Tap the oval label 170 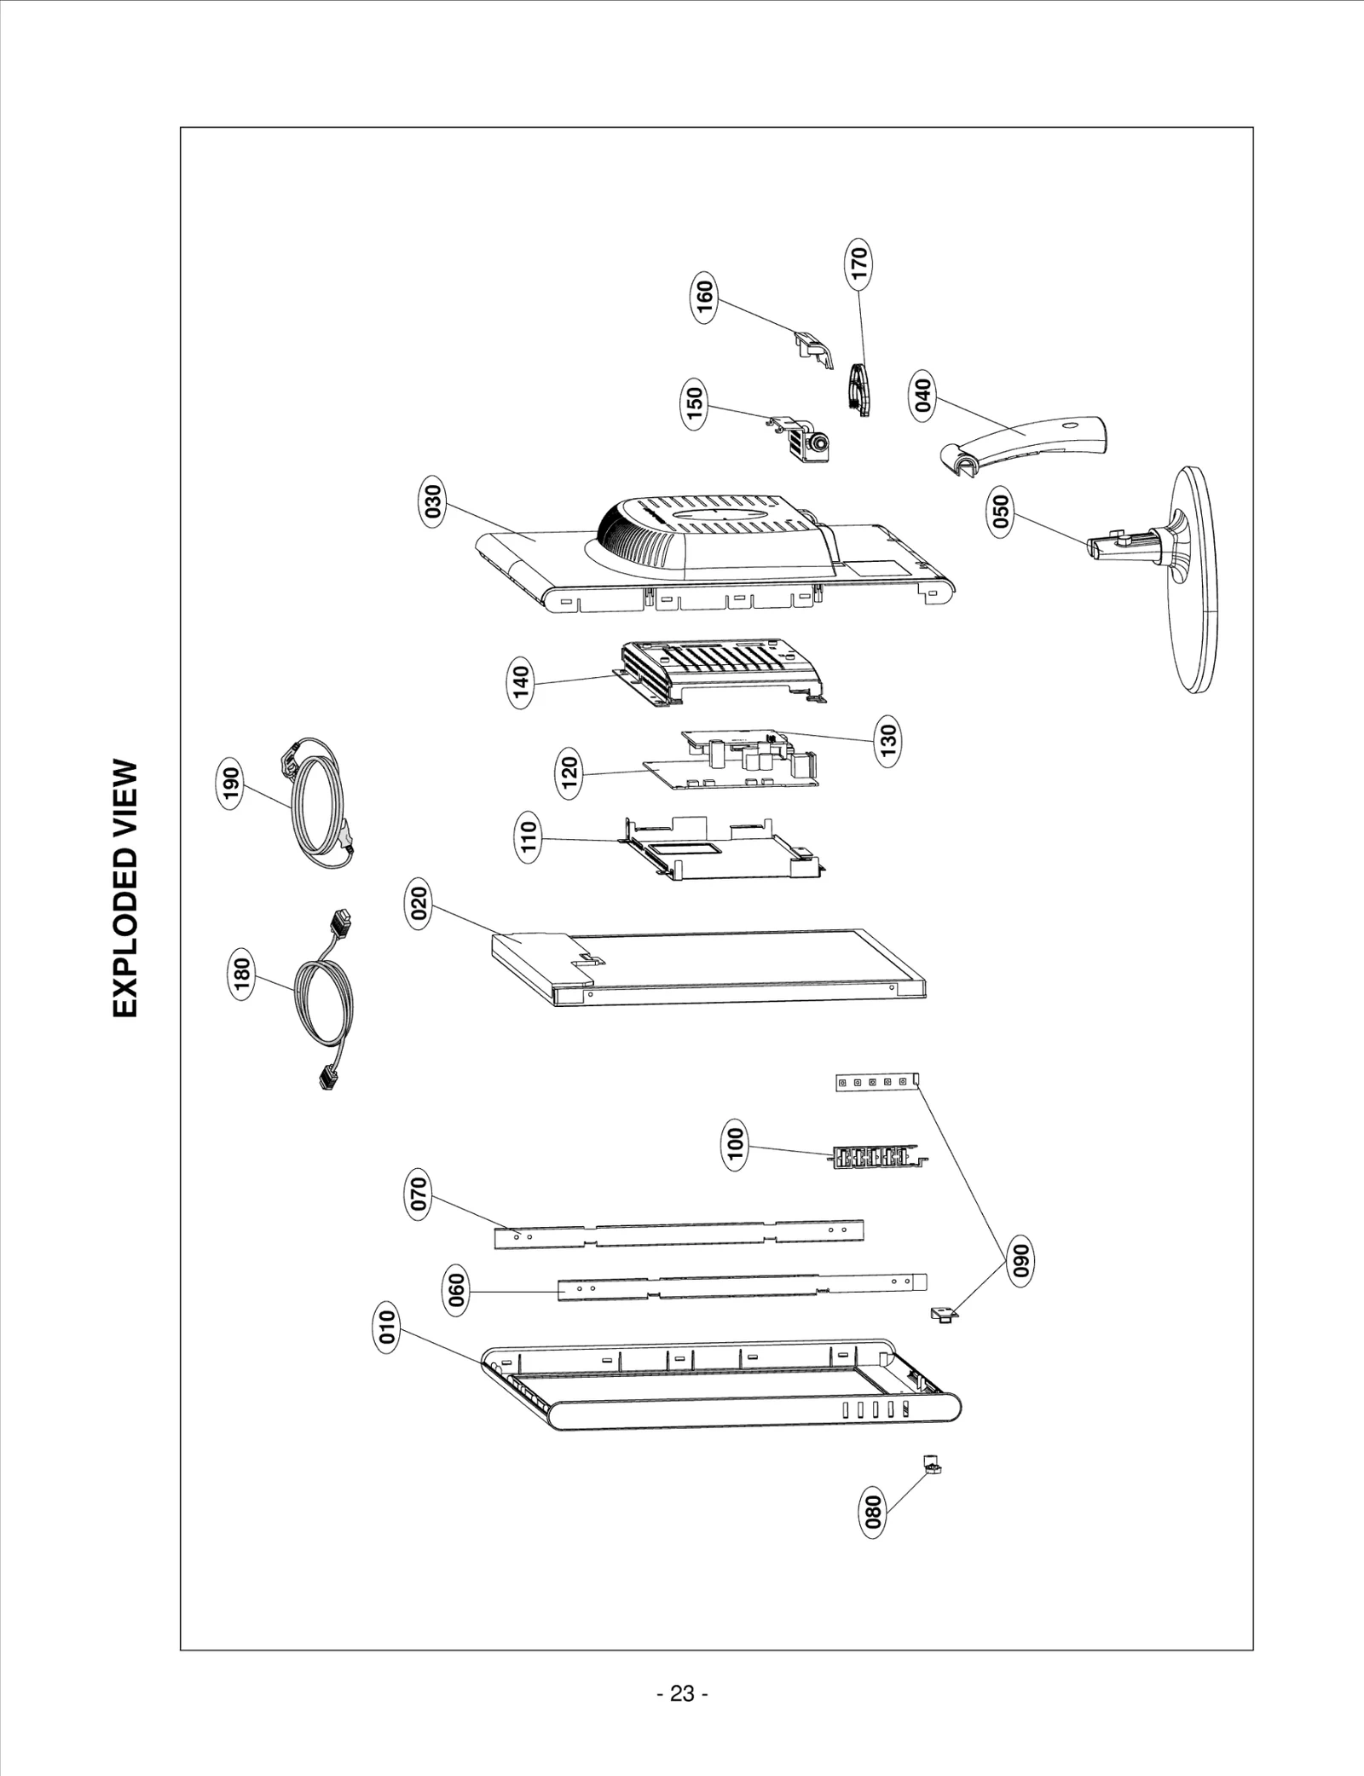(859, 262)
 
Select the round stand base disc (1193, 580)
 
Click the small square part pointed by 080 (933, 1467)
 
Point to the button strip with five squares (876, 1082)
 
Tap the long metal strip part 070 (679, 1234)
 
